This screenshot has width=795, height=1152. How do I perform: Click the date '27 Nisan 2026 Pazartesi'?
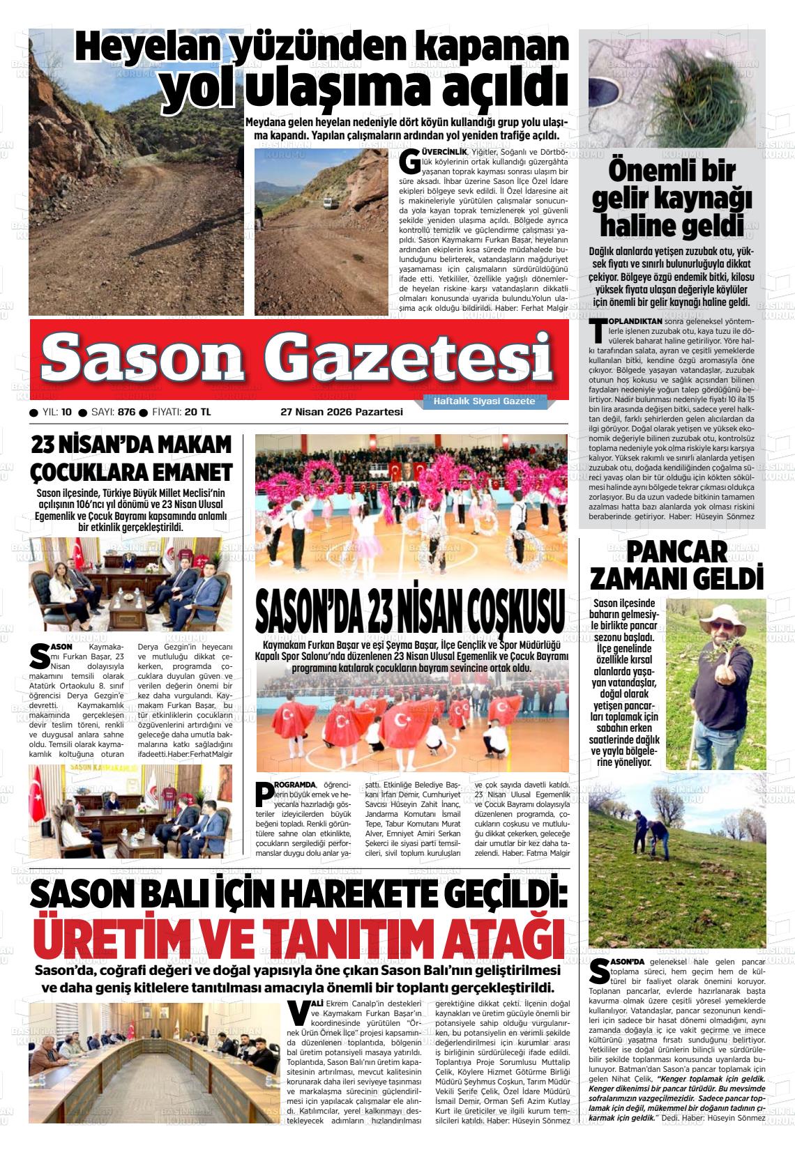[x=341, y=412]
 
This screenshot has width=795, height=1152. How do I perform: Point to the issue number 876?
[x=126, y=412]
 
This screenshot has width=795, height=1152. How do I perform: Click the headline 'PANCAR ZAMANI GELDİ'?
[x=676, y=565]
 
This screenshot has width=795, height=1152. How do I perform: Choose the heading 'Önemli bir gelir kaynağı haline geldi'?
[x=672, y=199]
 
